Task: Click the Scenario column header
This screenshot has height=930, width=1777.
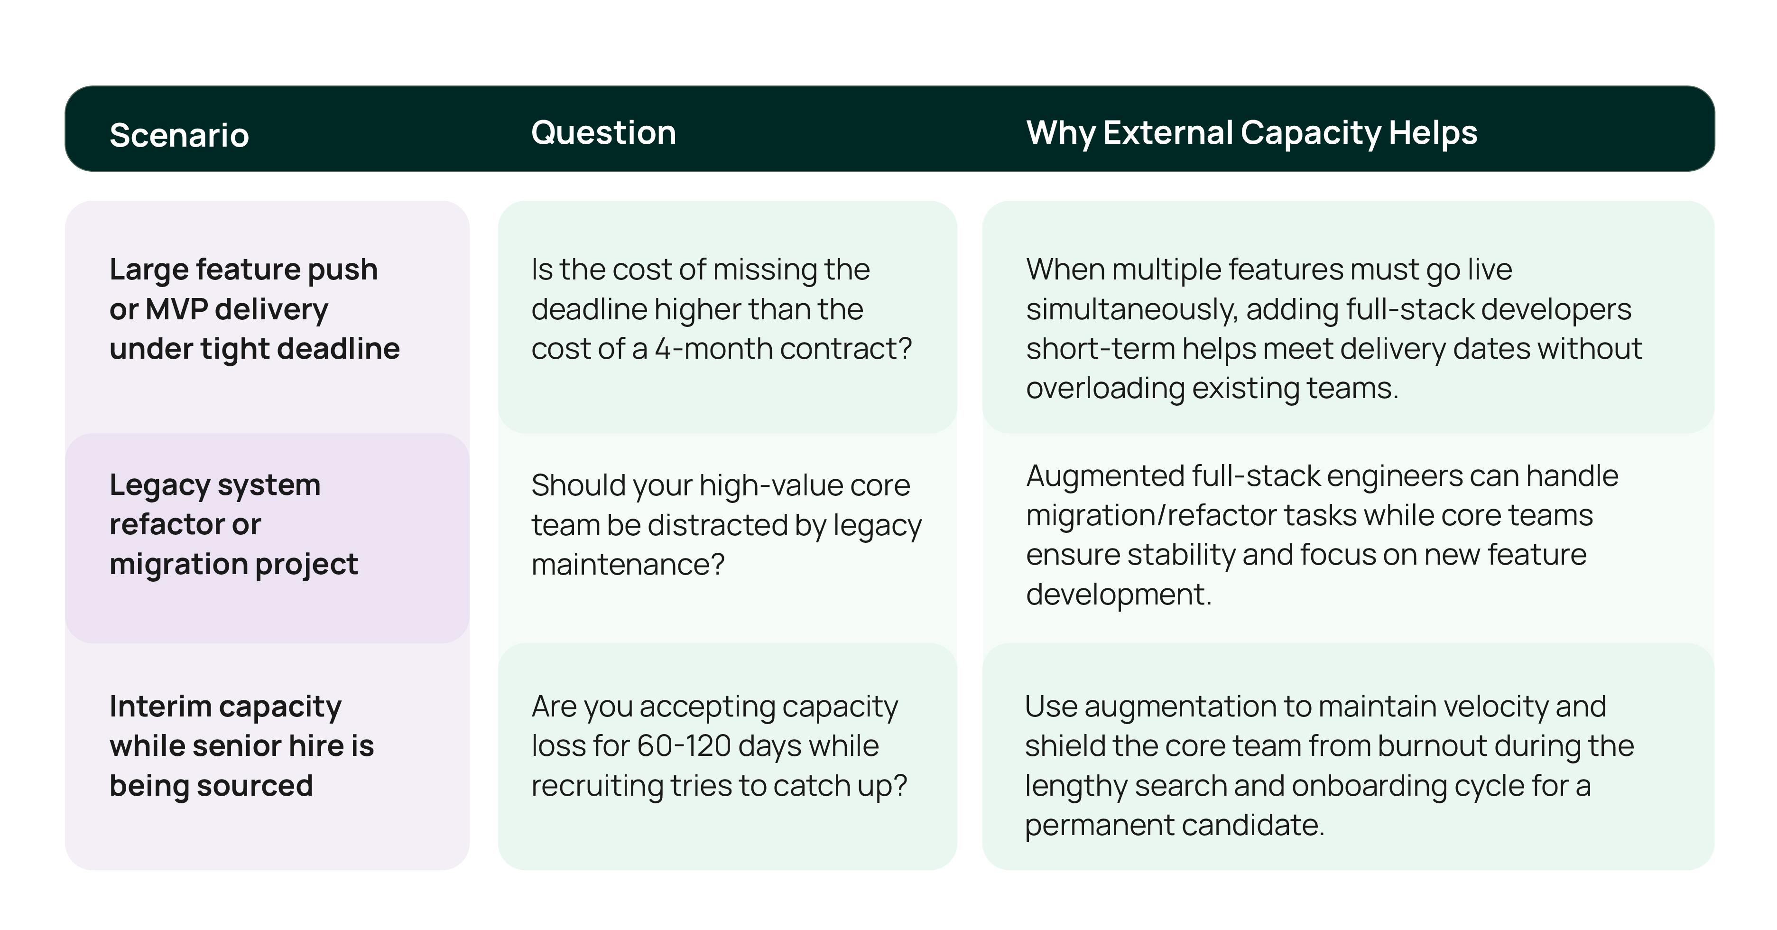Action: (x=179, y=135)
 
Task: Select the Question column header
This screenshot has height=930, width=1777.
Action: (x=603, y=132)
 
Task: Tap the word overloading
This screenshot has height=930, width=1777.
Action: (x=1104, y=389)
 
